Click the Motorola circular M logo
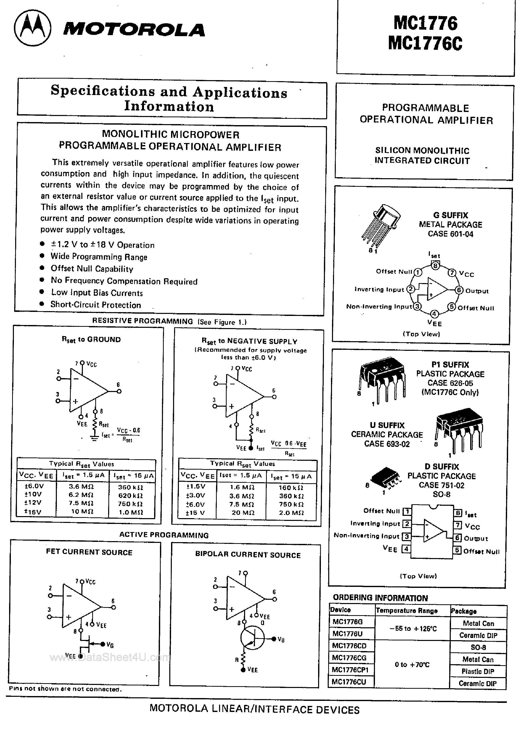(32, 28)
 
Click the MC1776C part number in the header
(425, 43)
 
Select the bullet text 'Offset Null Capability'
(92, 269)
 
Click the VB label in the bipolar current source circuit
(281, 640)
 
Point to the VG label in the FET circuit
(110, 645)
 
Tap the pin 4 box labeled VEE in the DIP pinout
(406, 549)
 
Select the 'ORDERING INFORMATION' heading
(380, 598)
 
